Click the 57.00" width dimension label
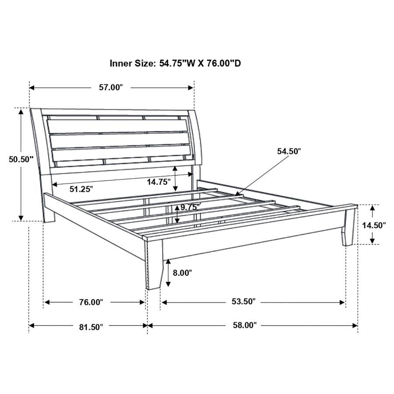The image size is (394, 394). click(111, 87)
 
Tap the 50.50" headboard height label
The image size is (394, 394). click(21, 159)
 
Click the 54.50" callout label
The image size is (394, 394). click(289, 151)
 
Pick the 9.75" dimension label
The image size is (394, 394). click(190, 207)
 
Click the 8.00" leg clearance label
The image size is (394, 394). click(182, 273)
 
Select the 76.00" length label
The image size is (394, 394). click(90, 302)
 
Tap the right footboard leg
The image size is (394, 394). click(349, 228)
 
